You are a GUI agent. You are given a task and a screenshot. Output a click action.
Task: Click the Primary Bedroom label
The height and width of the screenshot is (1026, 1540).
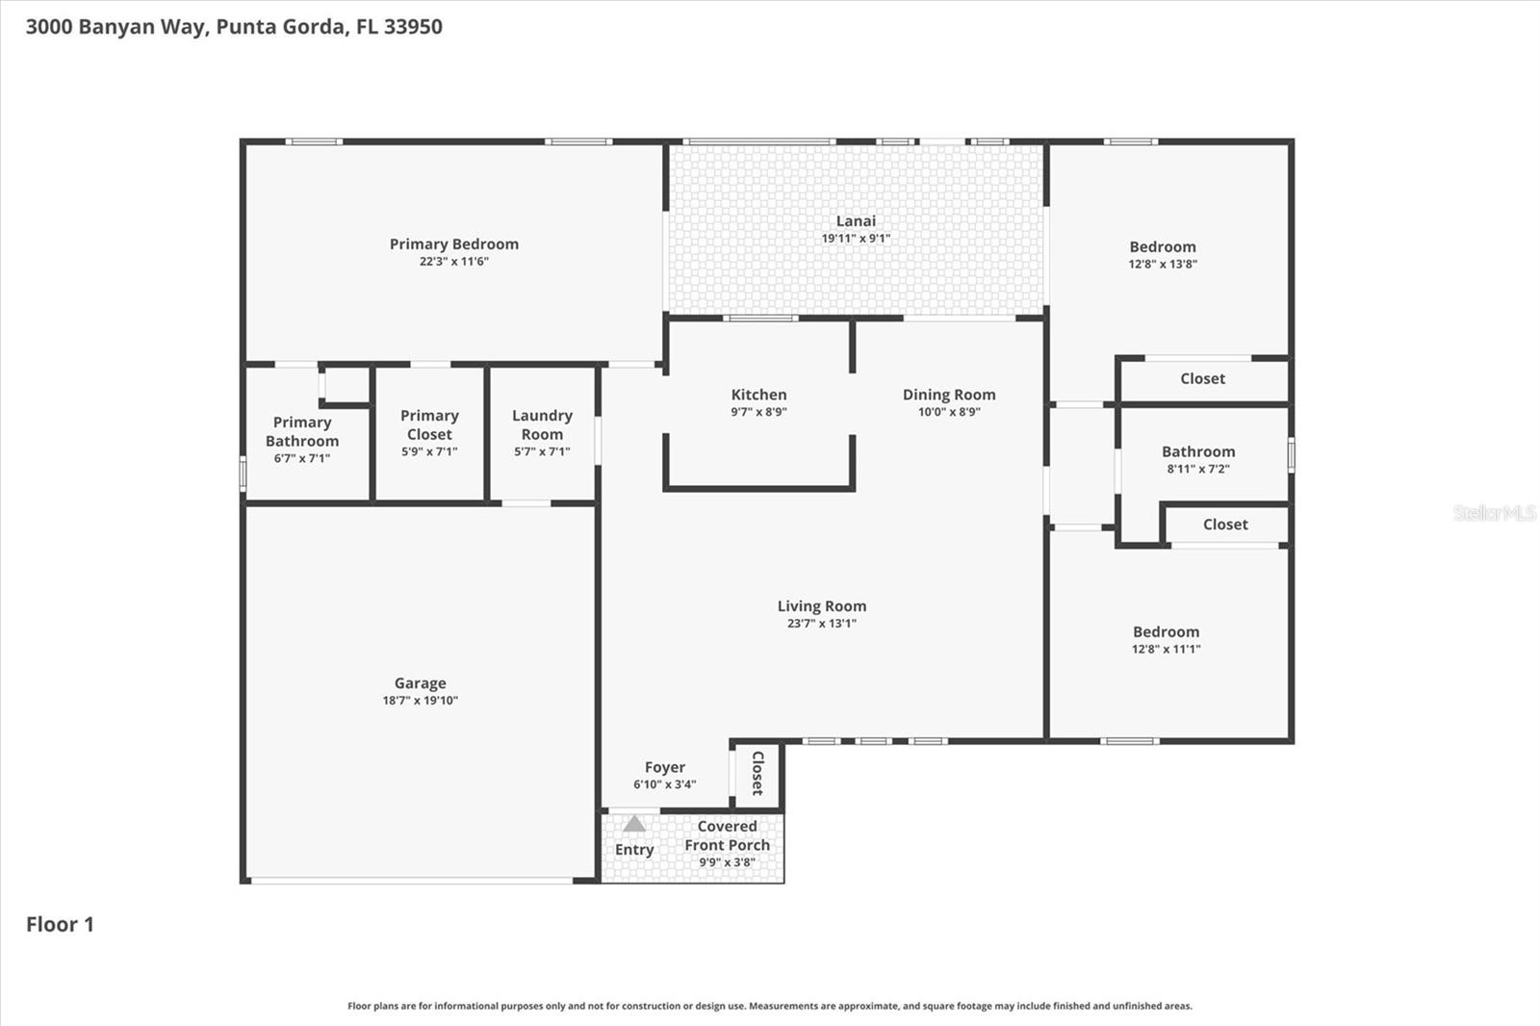[453, 244]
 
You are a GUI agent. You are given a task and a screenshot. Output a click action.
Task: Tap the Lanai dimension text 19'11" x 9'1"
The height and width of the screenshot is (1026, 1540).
[855, 239]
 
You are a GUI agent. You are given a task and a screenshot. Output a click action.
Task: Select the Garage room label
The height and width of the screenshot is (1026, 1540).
[420, 683]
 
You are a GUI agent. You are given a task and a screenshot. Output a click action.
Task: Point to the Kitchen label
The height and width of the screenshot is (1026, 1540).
[758, 395]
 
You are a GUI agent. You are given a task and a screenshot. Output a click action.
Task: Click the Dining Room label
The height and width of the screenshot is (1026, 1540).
[948, 395]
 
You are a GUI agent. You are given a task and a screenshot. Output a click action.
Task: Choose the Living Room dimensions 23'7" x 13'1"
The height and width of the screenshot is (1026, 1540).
[821, 624]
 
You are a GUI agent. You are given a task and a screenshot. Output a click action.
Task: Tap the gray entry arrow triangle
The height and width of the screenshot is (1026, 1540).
[633, 824]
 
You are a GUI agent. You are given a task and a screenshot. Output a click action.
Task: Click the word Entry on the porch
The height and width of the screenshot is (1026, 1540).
[633, 850]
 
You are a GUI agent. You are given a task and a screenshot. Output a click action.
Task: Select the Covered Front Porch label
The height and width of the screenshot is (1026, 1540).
[727, 835]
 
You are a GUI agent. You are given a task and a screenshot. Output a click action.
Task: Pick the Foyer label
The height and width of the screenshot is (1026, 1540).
[664, 767]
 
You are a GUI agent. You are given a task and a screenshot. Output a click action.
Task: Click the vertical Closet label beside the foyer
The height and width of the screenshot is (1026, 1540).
[757, 773]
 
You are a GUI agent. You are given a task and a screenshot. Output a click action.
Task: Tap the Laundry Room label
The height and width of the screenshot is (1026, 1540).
[542, 424]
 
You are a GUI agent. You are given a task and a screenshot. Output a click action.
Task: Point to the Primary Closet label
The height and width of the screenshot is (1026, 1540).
[429, 424]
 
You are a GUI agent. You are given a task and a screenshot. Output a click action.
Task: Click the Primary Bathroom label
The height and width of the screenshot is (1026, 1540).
[301, 431]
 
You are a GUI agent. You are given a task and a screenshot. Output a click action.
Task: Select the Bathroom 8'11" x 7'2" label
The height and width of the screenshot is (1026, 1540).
[1197, 452]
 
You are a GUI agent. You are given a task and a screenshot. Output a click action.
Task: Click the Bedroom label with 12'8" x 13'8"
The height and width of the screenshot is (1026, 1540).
[1162, 247]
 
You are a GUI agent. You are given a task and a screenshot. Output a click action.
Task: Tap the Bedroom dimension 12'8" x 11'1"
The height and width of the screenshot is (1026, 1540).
[1166, 650]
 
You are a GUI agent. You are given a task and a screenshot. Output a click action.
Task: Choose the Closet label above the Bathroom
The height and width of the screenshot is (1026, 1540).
[1202, 379]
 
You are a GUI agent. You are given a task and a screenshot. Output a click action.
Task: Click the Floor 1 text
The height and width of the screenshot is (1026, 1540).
[60, 925]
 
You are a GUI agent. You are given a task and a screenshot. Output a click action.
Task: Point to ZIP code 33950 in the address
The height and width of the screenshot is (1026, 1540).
[413, 27]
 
